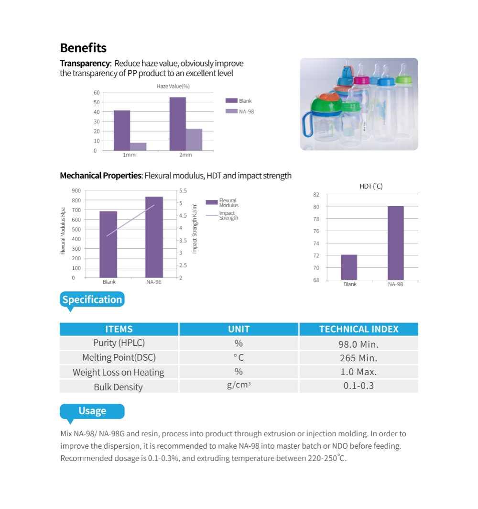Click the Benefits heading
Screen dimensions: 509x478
tap(83, 48)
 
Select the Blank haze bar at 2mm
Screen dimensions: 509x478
tap(177, 124)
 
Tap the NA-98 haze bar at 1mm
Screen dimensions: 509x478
tap(138, 146)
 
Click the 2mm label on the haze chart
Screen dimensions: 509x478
tap(185, 155)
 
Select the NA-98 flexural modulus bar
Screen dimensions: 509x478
tap(154, 237)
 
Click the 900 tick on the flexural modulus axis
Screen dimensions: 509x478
tap(76, 190)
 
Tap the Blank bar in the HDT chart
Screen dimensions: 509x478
tap(349, 267)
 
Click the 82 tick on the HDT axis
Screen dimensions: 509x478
tap(316, 194)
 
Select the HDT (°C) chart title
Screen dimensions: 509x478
tap(371, 186)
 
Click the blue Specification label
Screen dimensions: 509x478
tap(92, 299)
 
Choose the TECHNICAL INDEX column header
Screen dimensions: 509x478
tap(358, 329)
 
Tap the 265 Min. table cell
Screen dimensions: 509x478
tap(358, 358)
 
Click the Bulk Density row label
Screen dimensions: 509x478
tap(118, 387)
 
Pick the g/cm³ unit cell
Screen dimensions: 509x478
tap(239, 385)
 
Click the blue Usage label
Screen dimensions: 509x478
tap(92, 411)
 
